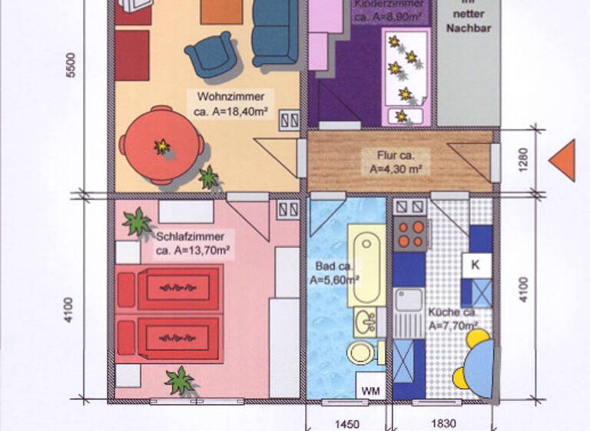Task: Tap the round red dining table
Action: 161,145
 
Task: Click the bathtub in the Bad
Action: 364,266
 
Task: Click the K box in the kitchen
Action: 476,265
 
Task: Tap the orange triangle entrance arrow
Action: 564,161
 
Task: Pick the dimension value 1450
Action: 348,423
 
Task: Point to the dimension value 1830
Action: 442,423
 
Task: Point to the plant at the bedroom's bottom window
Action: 180,381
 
